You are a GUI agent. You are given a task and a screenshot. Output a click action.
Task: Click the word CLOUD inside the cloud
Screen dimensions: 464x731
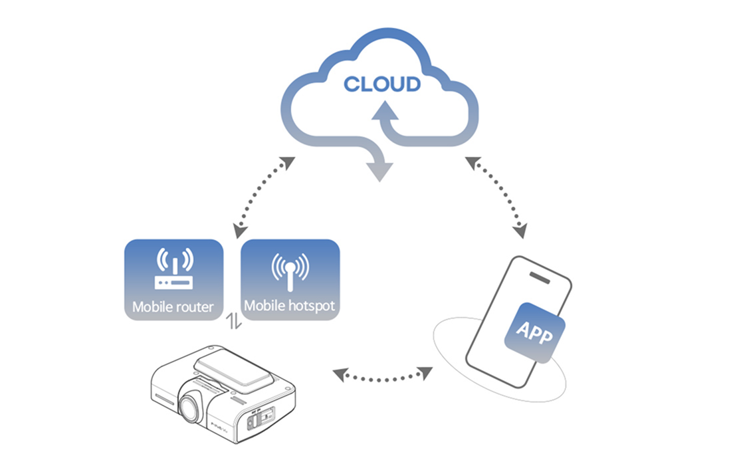[x=381, y=84]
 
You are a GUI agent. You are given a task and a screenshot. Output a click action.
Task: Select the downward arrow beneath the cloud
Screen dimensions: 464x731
[x=377, y=166]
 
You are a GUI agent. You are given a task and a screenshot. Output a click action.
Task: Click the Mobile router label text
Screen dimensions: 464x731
[x=173, y=307]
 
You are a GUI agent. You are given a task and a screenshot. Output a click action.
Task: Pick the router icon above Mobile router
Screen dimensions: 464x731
[x=173, y=269]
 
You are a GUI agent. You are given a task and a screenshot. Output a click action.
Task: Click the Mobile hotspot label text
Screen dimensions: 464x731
[x=290, y=306]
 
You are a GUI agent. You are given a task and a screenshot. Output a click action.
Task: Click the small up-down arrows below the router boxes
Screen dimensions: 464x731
[x=232, y=322]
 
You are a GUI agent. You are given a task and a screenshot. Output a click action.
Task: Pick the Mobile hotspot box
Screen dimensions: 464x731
[x=290, y=280]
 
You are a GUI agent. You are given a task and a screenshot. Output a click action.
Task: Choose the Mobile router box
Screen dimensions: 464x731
[x=173, y=280]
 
